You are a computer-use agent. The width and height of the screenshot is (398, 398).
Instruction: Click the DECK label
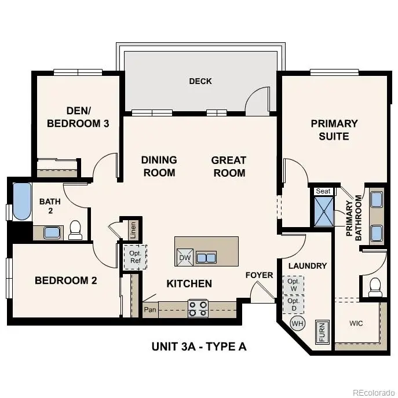tap(200, 81)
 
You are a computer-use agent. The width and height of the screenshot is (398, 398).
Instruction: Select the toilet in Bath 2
tap(75, 230)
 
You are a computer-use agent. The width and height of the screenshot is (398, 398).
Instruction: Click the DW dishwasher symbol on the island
tap(185, 258)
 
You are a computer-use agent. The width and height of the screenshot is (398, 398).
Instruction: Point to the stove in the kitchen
tap(198, 308)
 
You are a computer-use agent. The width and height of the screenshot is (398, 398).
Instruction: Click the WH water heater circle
tap(297, 323)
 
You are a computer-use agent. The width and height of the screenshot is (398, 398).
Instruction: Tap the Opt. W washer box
tap(293, 285)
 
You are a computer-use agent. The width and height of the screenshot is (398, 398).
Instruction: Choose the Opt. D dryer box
tap(293, 304)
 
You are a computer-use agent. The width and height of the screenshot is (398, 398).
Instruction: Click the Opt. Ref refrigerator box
tap(135, 257)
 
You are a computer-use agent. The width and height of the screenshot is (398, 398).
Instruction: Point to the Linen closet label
tap(133, 230)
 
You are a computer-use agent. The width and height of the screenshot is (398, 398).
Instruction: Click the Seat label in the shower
tap(323, 191)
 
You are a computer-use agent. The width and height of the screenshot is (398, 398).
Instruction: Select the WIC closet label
tap(356, 323)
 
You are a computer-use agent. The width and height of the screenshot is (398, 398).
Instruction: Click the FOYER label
tap(259, 275)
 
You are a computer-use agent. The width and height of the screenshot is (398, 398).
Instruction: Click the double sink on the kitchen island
tap(206, 257)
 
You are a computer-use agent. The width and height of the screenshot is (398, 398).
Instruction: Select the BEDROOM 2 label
tap(65, 281)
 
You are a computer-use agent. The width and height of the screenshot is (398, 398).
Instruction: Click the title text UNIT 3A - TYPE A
tap(199, 347)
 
